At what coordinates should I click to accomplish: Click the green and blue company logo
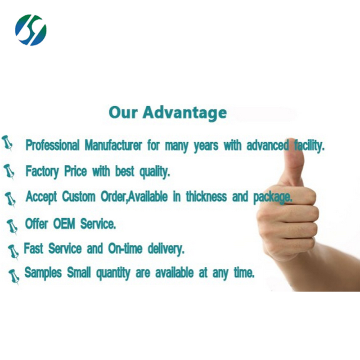point(31,30)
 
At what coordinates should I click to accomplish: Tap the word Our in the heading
point(122,112)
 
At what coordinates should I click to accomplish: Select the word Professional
point(52,146)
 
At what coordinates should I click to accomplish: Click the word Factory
point(43,171)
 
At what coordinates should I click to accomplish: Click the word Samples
point(44,273)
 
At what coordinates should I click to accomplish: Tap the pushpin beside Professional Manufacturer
point(8,143)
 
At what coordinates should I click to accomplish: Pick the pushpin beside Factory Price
point(9,171)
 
